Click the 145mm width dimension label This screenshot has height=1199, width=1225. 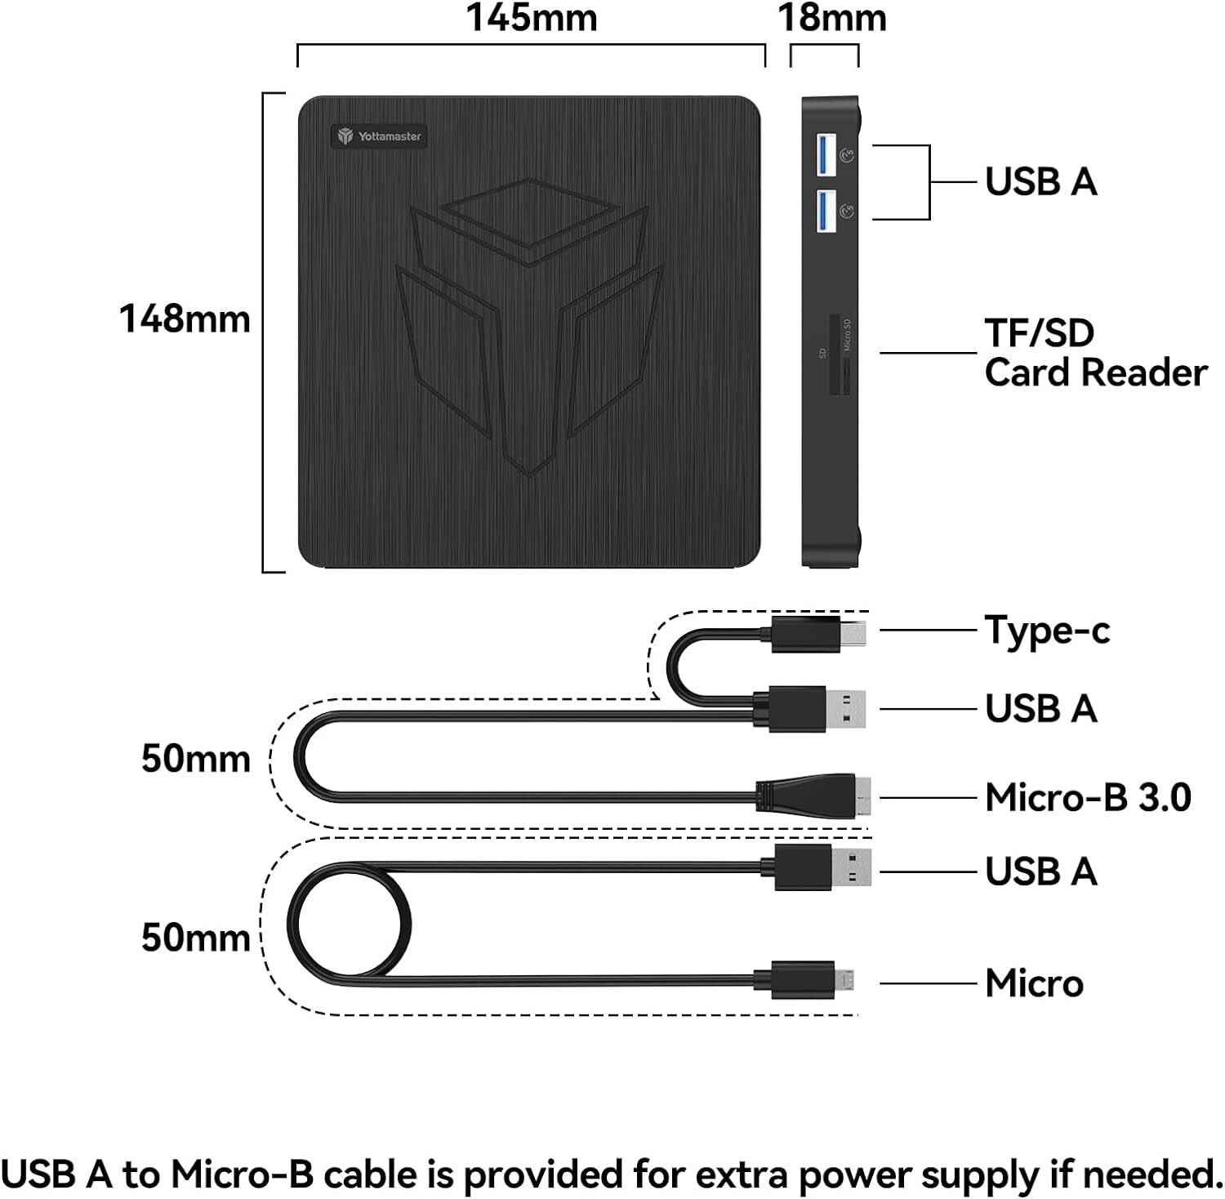pos(531,18)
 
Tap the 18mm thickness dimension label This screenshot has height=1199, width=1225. pos(831,18)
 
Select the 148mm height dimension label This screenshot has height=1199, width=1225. pos(185,319)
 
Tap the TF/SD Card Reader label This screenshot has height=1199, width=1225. pos(1094,353)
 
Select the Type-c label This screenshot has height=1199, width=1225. pos(1047,631)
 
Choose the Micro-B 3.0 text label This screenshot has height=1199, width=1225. pos(1088,797)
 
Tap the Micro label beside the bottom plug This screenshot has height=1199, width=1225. pos(1034,983)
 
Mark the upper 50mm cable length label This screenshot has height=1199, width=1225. pos(195,759)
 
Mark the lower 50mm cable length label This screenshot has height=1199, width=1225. pos(195,937)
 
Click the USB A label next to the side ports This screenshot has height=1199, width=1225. pos(1040,181)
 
